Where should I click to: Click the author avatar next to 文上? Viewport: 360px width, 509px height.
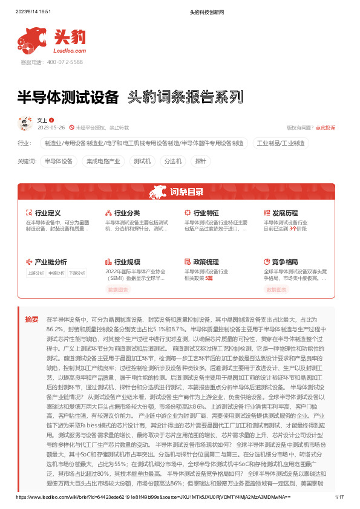26,124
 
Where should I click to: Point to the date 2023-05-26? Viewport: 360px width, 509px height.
51,128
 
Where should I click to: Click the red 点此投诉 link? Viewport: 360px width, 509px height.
326,128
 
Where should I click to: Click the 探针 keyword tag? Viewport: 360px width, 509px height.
201,162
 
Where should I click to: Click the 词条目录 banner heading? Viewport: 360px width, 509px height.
186,193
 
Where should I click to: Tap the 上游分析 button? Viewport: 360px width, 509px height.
36,273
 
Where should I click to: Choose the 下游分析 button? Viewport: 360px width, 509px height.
76,273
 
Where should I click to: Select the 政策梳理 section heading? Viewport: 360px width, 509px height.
205,262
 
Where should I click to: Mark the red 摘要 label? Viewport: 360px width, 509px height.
31,319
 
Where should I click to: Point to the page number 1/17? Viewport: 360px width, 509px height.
338,498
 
